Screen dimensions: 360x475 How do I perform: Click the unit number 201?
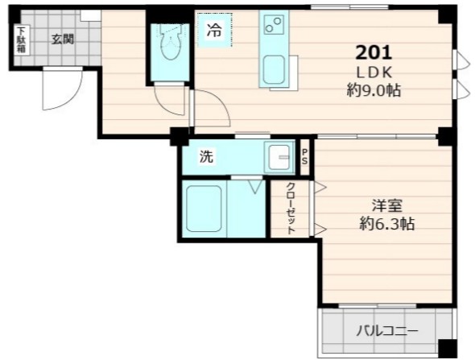click(x=374, y=53)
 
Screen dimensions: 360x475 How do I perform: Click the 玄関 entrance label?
click(x=64, y=38)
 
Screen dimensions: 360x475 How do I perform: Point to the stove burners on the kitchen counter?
click(x=273, y=27)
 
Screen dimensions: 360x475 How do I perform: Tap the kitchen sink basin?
click(x=273, y=70)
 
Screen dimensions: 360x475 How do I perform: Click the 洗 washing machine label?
click(x=207, y=158)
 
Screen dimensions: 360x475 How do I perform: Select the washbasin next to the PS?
click(x=281, y=158)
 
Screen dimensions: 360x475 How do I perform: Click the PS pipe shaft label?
click(x=306, y=157)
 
